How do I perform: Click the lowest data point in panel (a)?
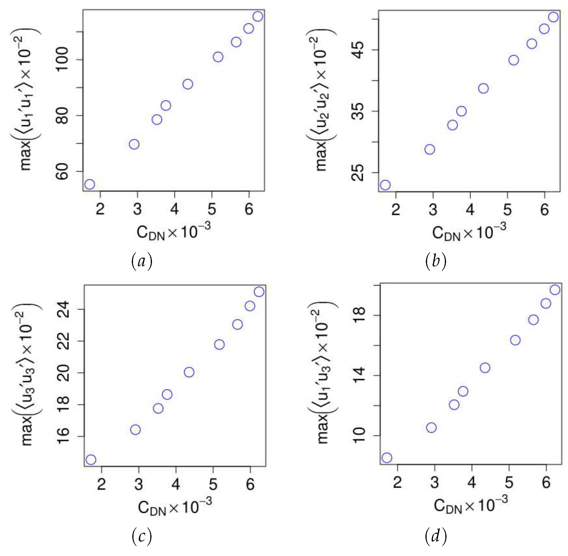coord(90,184)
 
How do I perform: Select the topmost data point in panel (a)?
coord(258,16)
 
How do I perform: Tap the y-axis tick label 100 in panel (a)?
coord(62,59)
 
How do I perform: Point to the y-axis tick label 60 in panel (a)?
coord(62,172)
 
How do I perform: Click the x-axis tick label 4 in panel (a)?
coord(175,209)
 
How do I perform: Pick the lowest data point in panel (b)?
coord(385,185)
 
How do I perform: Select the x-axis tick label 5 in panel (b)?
coord(507,210)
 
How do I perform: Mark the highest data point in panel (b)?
coord(553,17)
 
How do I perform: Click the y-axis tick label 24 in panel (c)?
coord(63,309)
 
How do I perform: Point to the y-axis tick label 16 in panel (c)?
coord(63,436)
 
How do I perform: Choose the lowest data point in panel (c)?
coord(91,460)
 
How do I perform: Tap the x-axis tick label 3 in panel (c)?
coord(139,485)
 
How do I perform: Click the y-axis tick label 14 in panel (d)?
coord(359,375)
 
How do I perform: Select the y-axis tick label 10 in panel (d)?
coord(359,436)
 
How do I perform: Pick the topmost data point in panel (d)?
coord(555,290)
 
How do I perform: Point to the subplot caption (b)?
coord(435,261)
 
